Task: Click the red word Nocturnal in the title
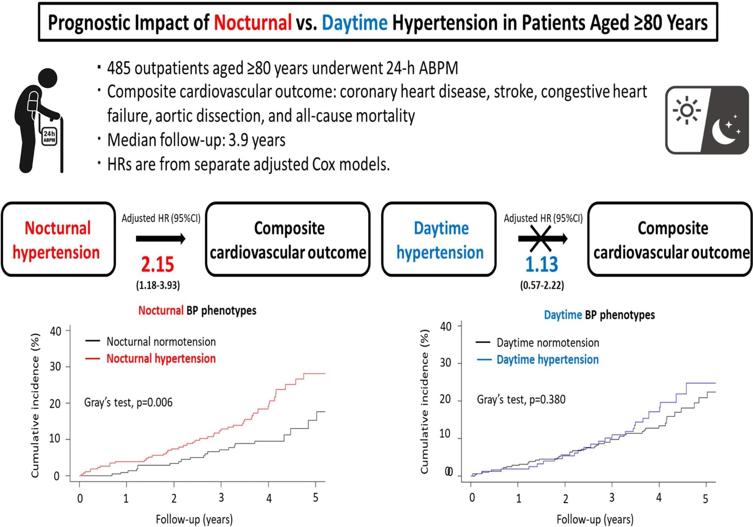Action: [x=253, y=23]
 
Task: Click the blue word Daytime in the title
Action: [x=354, y=23]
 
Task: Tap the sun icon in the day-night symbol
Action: [x=687, y=110]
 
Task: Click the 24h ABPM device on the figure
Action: [x=49, y=136]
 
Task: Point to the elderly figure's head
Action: [x=48, y=78]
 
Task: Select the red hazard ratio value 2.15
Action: [x=158, y=264]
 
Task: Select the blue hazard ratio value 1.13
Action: [x=541, y=264]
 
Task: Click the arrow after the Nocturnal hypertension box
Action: [x=161, y=238]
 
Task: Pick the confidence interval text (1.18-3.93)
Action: [x=158, y=285]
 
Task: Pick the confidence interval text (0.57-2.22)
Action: [x=542, y=285]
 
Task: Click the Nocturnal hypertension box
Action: [x=58, y=240]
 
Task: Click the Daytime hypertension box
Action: [x=439, y=240]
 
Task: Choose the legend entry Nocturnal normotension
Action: [x=161, y=342]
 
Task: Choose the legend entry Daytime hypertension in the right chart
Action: [x=547, y=359]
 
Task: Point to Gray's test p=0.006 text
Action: [x=128, y=402]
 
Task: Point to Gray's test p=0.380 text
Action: [x=521, y=399]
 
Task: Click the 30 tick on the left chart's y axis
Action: [x=55, y=366]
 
